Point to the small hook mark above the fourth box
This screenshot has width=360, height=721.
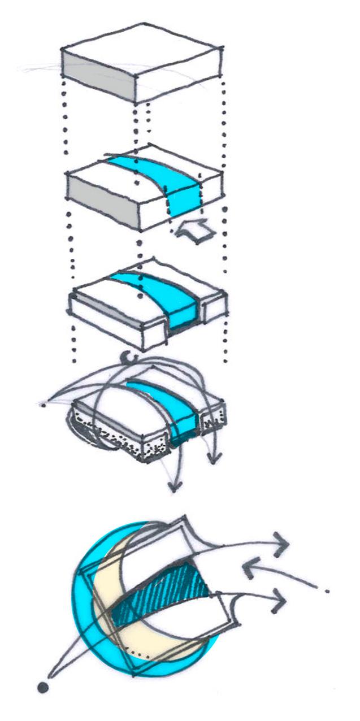(x=131, y=357)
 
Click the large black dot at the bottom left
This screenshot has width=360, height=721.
(x=42, y=687)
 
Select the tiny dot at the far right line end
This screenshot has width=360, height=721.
(x=328, y=591)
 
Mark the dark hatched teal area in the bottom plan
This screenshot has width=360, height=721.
(x=164, y=593)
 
